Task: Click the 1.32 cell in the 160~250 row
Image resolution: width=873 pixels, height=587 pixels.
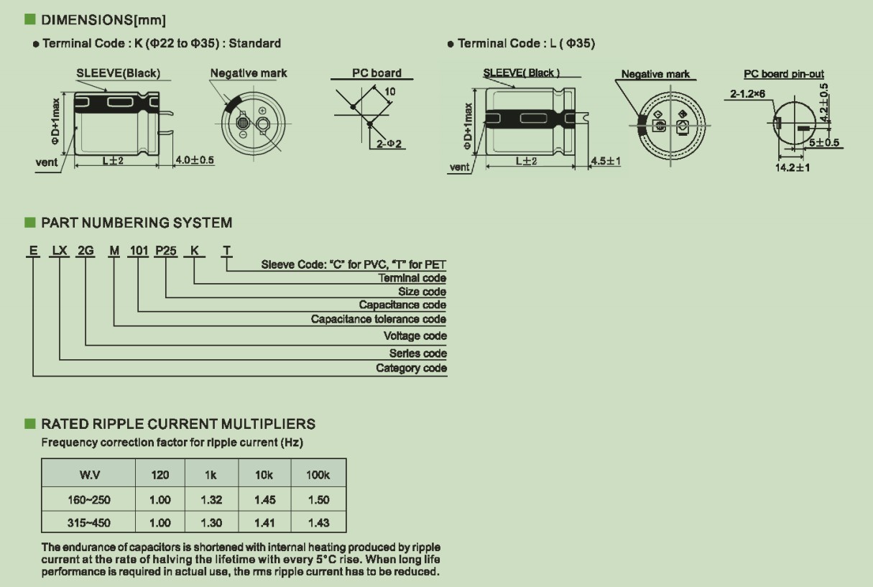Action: (211, 499)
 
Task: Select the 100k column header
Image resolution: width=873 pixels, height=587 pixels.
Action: (318, 475)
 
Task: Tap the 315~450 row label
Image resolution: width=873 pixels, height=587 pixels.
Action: (89, 522)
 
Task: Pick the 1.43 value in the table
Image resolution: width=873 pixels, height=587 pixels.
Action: (319, 522)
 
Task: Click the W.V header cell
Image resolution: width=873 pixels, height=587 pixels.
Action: (89, 475)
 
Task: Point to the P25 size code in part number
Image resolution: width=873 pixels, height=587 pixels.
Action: (166, 251)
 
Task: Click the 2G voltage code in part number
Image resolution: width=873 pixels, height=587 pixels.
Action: (86, 251)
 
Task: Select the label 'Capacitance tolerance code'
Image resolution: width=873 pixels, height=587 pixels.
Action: (379, 319)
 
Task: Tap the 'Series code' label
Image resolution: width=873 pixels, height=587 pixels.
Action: (417, 353)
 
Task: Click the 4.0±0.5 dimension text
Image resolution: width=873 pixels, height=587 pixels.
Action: (195, 160)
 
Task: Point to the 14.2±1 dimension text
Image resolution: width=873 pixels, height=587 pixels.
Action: (793, 167)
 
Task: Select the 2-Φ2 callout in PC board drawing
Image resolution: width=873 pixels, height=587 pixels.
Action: (389, 144)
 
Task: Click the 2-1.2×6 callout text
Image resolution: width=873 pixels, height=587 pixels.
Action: (747, 94)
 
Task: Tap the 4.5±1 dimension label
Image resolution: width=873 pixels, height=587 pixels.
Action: (606, 161)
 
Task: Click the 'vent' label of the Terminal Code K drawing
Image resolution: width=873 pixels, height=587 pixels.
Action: (47, 162)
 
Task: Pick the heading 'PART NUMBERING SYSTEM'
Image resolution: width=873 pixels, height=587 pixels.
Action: (137, 223)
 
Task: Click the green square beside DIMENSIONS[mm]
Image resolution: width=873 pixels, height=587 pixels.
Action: (30, 19)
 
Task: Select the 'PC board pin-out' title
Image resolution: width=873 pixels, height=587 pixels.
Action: (784, 74)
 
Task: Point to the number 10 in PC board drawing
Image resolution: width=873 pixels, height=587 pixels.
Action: (389, 91)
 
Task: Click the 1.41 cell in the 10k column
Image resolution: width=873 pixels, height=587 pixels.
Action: (264, 522)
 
